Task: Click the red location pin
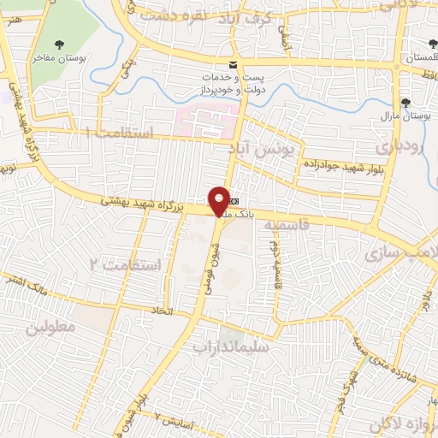(219, 201)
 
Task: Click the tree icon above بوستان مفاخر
(58, 44)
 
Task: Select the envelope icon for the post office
(232, 65)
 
